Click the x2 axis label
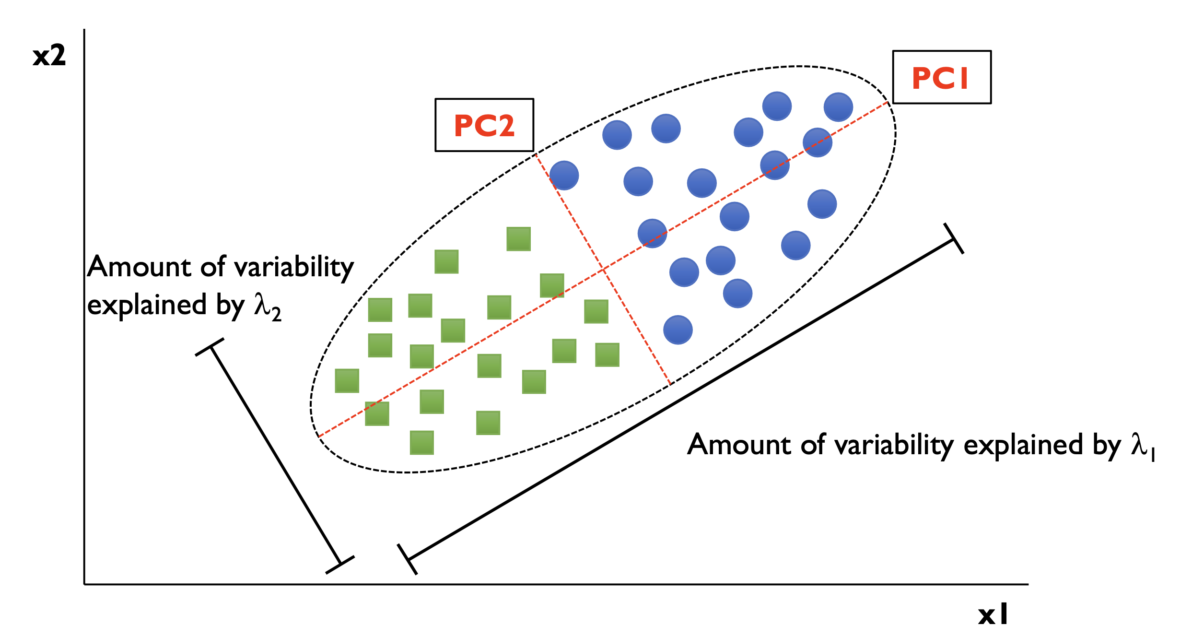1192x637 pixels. [x=49, y=56]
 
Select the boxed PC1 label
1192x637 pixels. [x=941, y=77]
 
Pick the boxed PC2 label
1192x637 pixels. [x=484, y=126]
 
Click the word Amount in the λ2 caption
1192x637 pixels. [x=140, y=267]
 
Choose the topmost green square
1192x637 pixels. [x=518, y=239]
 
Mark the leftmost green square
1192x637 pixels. [x=347, y=381]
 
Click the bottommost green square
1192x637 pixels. [x=422, y=442]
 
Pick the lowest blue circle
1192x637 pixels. [x=678, y=330]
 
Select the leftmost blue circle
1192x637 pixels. [x=564, y=176]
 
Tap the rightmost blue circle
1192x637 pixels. [x=838, y=107]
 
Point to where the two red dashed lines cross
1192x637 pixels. [x=603, y=269]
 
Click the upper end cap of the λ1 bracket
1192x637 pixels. [x=954, y=238]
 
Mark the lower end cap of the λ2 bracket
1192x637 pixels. [x=340, y=565]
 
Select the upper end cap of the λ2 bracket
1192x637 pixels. [x=210, y=347]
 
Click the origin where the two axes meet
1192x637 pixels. [x=85, y=584]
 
